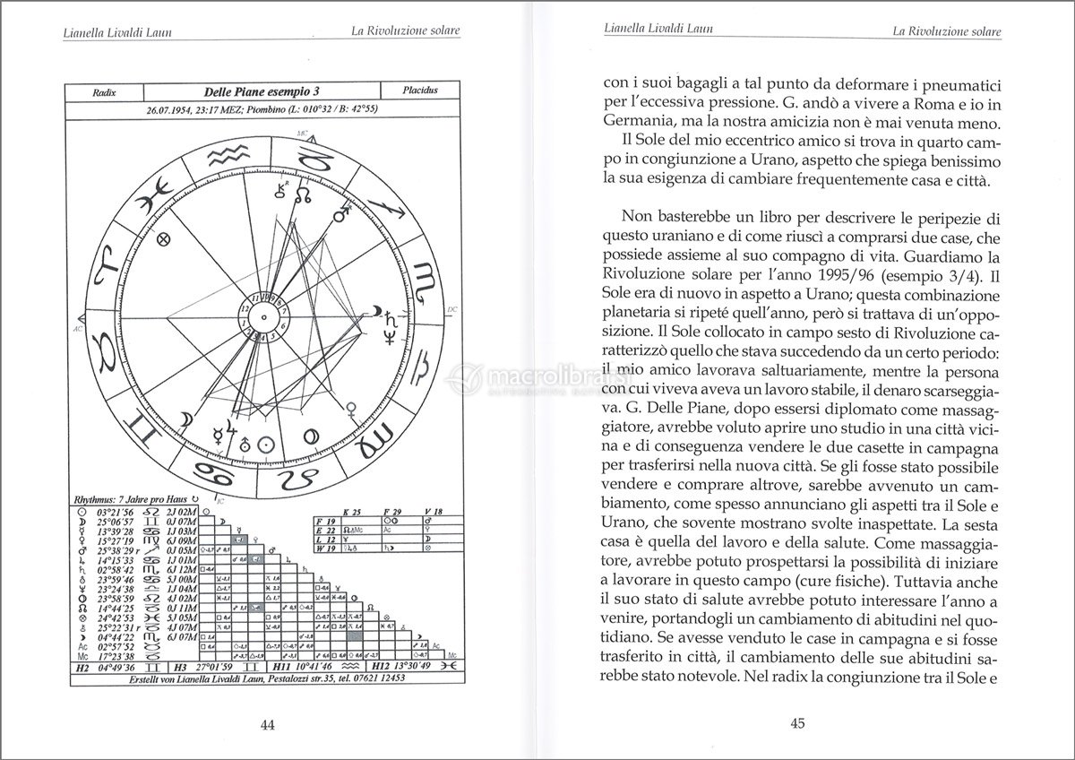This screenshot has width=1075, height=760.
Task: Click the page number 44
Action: [266, 725]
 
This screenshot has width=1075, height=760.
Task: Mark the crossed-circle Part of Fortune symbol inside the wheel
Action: [164, 240]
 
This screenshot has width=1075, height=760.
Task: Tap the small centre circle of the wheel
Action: [265, 316]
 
